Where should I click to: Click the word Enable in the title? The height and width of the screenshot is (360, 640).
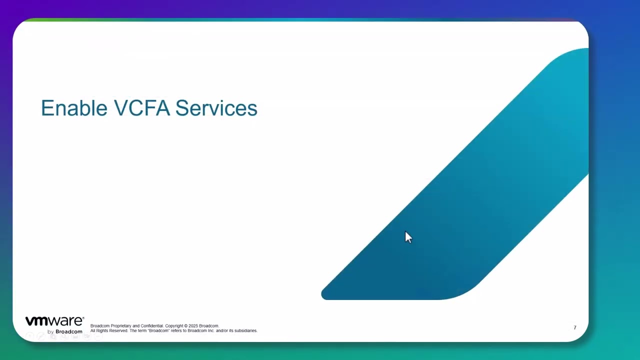pos(74,108)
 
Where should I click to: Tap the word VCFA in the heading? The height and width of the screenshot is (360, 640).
pos(142,108)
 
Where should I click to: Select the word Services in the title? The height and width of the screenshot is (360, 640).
pos(216,108)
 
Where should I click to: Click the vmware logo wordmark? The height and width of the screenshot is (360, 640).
pos(54,321)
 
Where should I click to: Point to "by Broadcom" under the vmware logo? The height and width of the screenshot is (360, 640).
pos(65,331)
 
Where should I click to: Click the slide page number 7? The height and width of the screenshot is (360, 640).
pos(575,327)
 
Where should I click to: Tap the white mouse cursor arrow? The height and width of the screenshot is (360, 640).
pos(408,237)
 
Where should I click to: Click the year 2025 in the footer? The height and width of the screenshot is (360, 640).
pos(193,326)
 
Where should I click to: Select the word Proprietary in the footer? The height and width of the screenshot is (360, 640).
pos(121,326)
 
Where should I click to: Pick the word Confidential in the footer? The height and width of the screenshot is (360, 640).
pos(152,326)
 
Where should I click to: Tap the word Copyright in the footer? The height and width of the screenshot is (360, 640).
pos(174,326)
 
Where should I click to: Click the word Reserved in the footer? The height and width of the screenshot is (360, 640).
pos(118,330)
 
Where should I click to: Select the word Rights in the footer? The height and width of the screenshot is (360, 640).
pos(101,330)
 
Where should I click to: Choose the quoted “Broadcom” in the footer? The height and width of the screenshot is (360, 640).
pos(158,330)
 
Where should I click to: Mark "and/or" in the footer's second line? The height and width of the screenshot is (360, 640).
pos(221,330)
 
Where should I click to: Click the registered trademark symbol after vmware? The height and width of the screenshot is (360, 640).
pos(83,317)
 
